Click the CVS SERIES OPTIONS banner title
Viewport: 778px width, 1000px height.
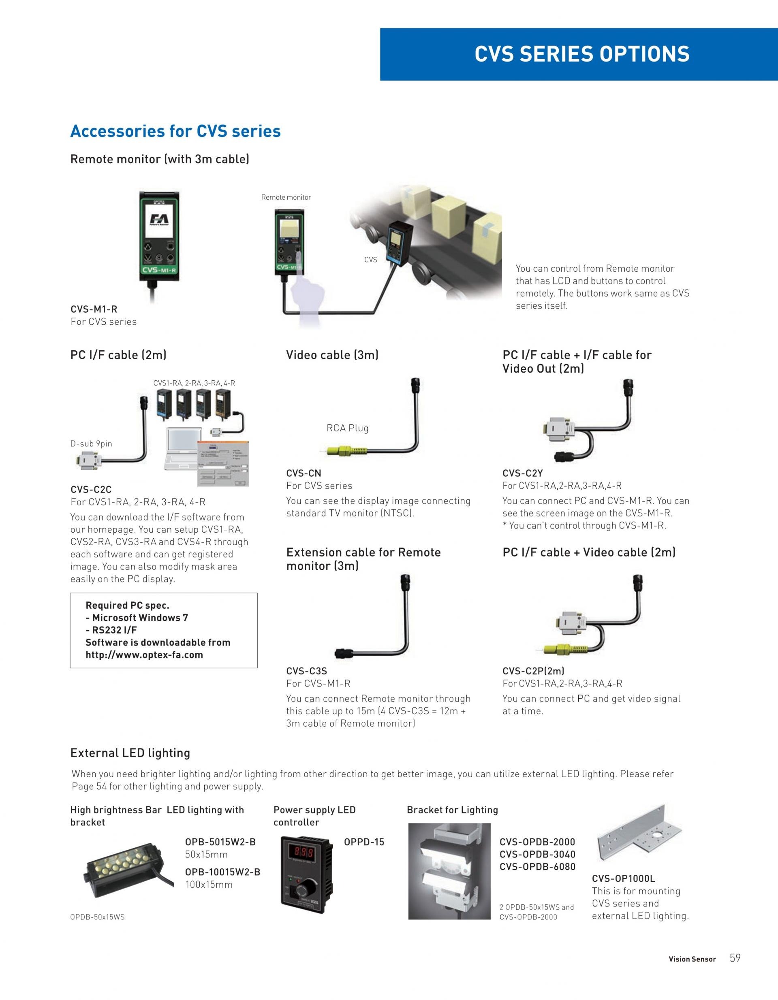click(x=581, y=54)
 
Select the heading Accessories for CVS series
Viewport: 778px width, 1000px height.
click(x=175, y=131)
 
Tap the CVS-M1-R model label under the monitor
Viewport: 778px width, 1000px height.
click(x=94, y=309)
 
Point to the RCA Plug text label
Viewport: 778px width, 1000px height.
click(x=347, y=428)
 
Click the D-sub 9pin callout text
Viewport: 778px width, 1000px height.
click(x=91, y=443)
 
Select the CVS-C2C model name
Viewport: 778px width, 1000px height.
click(x=91, y=489)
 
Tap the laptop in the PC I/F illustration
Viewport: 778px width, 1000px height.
click(x=183, y=449)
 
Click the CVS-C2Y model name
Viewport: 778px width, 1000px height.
click(x=523, y=473)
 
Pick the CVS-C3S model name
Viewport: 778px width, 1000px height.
click(x=306, y=671)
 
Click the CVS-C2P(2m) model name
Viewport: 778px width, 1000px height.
click(x=533, y=671)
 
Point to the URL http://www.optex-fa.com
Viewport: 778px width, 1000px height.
click(x=144, y=655)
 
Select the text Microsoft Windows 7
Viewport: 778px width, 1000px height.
click(x=140, y=618)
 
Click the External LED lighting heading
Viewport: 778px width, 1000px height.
click(x=130, y=753)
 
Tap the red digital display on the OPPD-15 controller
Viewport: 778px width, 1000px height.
click(x=301, y=853)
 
